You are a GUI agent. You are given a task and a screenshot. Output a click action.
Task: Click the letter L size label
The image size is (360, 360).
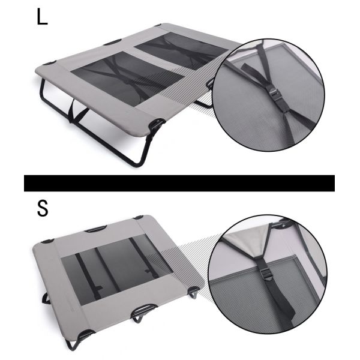tap(41, 16)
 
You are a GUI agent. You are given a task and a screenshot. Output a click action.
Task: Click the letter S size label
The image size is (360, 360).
tap(42, 209)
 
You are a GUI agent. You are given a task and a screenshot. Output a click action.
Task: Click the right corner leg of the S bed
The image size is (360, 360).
tap(194, 293)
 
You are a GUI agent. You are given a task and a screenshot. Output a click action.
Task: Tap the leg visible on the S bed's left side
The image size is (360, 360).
tap(45, 298)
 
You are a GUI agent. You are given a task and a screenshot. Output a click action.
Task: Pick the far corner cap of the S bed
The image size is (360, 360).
tap(139, 217)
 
